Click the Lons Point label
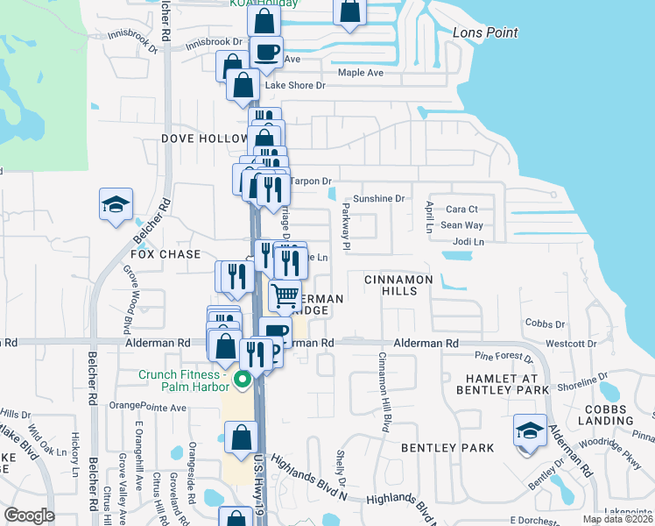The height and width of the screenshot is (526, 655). [x=485, y=33]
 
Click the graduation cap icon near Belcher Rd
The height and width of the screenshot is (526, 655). [x=116, y=204]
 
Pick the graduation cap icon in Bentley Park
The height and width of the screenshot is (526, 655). [x=530, y=430]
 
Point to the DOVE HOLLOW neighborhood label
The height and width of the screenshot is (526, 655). [x=204, y=139]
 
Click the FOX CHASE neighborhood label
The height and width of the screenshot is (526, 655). [x=166, y=253]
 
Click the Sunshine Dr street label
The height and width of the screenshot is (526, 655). [x=380, y=199]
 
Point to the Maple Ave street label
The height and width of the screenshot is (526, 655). [x=361, y=73]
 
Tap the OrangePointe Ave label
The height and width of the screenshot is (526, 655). [x=148, y=407]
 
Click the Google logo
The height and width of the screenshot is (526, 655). [x=29, y=515]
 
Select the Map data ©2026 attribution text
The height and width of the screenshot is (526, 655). [x=616, y=519]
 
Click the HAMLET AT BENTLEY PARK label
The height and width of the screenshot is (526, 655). [x=502, y=382]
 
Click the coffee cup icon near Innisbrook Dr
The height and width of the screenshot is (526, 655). [x=266, y=52]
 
